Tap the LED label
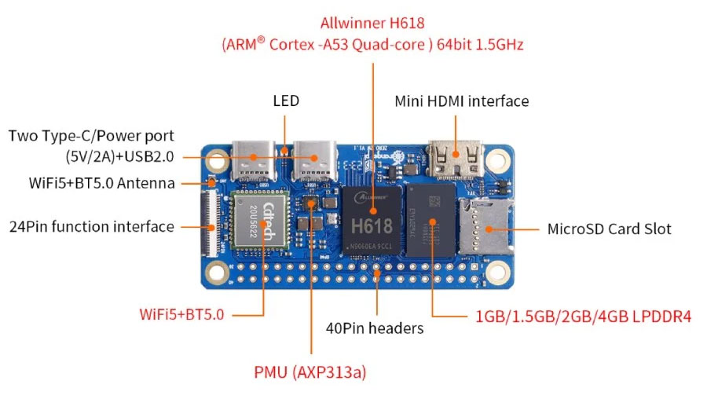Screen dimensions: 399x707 coord(286,101)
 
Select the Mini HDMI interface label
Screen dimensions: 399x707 coord(461,101)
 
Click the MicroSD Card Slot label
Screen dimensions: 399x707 coord(609,229)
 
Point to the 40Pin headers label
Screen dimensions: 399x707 coord(375,328)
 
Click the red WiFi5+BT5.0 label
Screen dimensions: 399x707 coord(181,315)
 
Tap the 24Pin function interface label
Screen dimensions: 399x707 coord(91,227)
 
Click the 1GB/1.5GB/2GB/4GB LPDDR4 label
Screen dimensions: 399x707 coord(583,317)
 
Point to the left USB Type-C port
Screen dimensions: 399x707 coord(254,160)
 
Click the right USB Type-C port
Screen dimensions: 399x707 coord(314,160)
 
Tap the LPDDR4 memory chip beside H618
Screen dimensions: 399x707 coord(430,222)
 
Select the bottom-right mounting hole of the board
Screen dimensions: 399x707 coord(496,274)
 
